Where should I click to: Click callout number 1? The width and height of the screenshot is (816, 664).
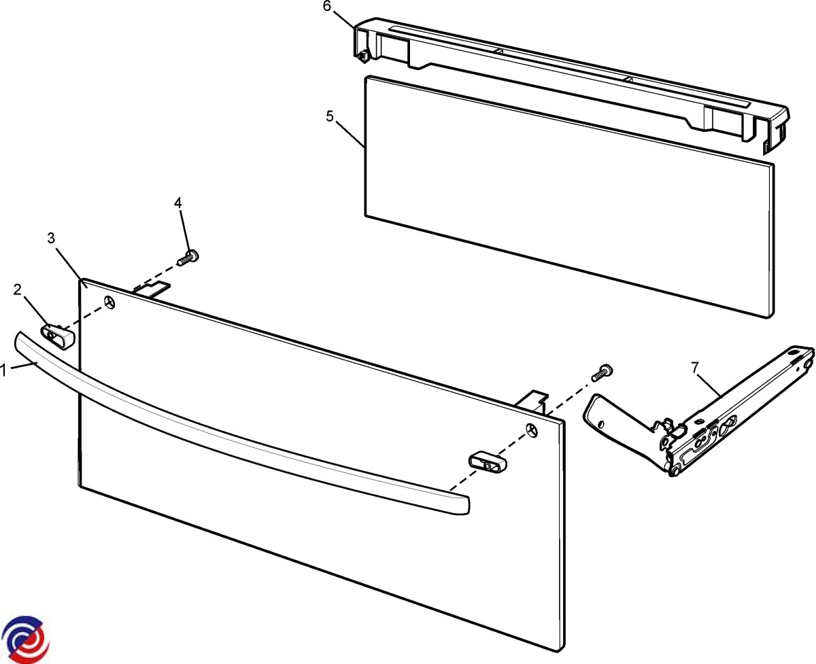tap(4, 371)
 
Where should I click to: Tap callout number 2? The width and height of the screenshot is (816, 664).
tap(17, 290)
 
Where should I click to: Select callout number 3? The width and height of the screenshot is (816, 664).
tap(51, 238)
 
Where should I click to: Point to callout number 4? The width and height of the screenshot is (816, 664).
tap(177, 203)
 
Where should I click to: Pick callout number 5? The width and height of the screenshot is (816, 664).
tap(330, 116)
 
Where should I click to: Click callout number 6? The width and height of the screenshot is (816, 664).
tap(326, 7)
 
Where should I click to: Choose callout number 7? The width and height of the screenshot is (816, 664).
tap(694, 368)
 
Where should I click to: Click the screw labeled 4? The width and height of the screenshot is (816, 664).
tap(188, 257)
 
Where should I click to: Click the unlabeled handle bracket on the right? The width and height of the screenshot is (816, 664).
tap(488, 463)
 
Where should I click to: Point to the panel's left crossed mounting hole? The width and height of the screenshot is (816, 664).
tap(109, 302)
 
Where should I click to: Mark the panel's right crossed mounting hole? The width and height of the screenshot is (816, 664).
tap(532, 430)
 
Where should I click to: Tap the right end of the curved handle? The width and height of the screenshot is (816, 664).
tap(466, 505)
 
